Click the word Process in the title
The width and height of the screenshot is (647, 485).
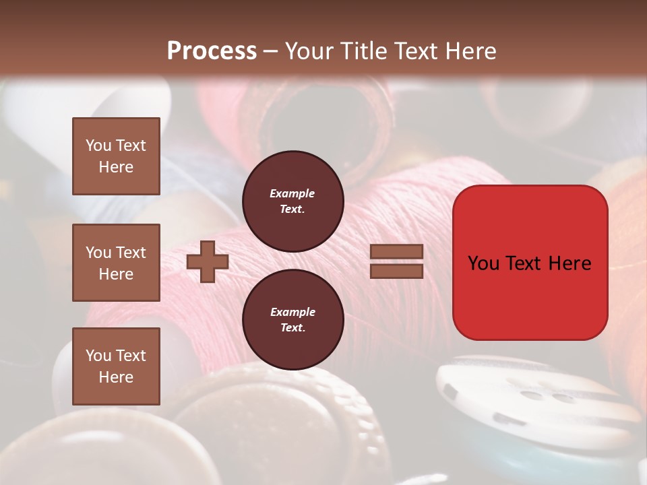click(x=212, y=51)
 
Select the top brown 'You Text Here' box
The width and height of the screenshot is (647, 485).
click(x=116, y=156)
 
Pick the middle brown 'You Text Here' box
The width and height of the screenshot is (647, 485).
click(x=116, y=263)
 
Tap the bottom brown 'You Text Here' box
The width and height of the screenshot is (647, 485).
click(x=116, y=366)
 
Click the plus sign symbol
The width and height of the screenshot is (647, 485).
click(x=207, y=261)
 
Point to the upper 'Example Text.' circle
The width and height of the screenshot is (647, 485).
click(x=292, y=201)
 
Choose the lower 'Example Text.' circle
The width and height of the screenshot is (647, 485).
click(x=292, y=319)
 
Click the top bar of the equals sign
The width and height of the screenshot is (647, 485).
click(x=396, y=251)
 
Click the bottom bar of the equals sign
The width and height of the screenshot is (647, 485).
click(x=396, y=271)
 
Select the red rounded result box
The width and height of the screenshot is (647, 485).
click(x=530, y=263)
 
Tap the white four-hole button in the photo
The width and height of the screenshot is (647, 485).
click(x=532, y=397)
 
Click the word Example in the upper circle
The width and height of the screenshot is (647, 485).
click(x=292, y=193)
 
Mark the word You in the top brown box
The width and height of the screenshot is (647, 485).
click(x=98, y=145)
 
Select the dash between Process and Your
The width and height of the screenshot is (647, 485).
click(x=271, y=51)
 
